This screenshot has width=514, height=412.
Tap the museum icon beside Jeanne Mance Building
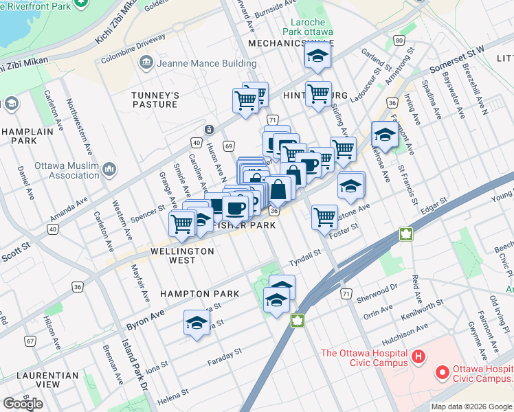[146, 64]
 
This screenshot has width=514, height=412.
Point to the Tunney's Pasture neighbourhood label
[155, 100]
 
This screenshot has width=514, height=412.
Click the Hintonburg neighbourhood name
[315, 95]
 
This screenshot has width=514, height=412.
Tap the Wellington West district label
[182, 255]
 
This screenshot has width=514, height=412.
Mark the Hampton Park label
[199, 294]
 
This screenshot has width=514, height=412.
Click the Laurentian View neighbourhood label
[47, 380]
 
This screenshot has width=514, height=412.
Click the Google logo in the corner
[23, 404]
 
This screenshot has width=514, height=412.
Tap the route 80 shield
[399, 41]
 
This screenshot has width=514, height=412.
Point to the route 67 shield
[30, 341]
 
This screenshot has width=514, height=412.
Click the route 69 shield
[229, 146]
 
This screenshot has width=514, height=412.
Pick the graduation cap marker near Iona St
[197, 323]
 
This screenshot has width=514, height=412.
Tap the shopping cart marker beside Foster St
[324, 216]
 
